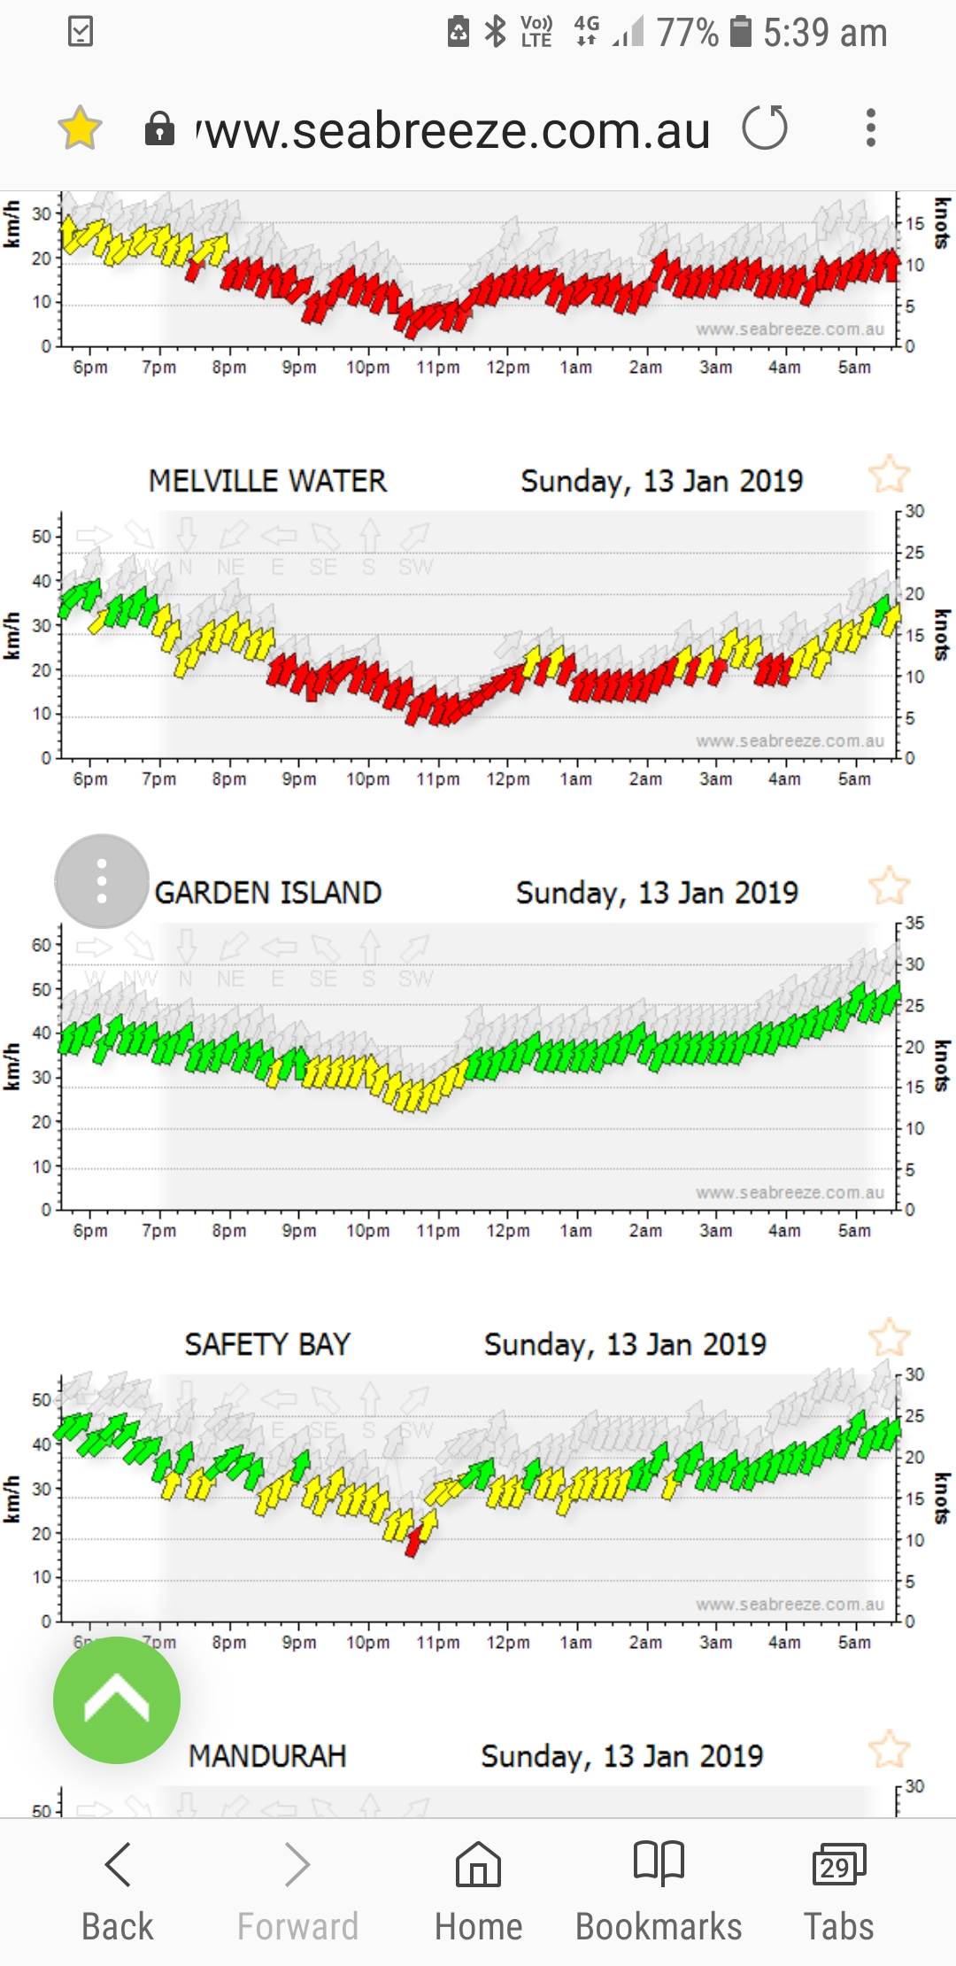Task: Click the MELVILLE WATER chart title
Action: click(x=267, y=481)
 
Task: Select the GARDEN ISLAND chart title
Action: click(x=268, y=893)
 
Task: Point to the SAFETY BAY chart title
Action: click(x=267, y=1344)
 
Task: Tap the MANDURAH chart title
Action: click(x=267, y=1756)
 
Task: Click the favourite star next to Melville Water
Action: click(x=889, y=475)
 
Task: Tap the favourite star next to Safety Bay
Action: click(x=889, y=1337)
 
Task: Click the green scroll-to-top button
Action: click(x=117, y=1700)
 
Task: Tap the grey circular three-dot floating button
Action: click(x=102, y=881)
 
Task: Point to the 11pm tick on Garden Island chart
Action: click(x=438, y=1230)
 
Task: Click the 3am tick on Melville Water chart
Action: click(x=715, y=778)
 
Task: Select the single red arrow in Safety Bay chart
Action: click(x=413, y=1544)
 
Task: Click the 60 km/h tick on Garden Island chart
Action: click(x=42, y=945)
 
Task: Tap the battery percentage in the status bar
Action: click(x=687, y=33)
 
